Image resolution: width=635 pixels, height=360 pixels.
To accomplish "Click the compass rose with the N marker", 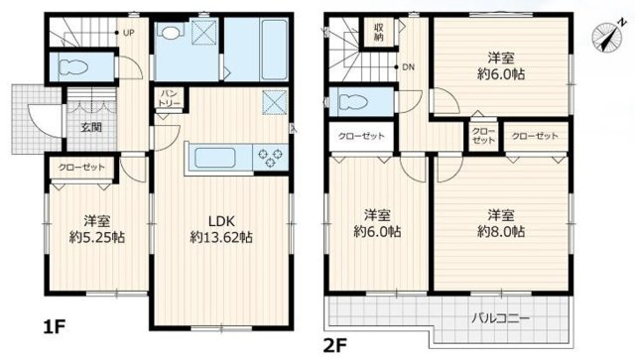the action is tap(606, 37).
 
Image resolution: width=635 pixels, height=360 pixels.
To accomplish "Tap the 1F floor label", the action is tap(54, 326).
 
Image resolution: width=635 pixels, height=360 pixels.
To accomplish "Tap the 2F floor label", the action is tap(334, 345).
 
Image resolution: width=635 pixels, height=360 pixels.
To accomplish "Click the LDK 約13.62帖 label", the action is tap(221, 229).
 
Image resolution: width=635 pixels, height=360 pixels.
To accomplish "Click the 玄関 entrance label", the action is tap(91, 127).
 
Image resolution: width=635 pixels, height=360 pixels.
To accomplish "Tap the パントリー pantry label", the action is tap(170, 98).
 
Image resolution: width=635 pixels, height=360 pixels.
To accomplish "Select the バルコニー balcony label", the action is tap(500, 318).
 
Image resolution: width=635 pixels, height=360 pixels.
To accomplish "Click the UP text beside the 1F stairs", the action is tap(129, 33).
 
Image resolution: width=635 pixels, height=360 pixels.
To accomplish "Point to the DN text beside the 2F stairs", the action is tap(408, 67).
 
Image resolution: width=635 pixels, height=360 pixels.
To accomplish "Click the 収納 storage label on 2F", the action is tap(379, 33).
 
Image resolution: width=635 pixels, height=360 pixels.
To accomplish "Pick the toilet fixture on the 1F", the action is tap(73, 66).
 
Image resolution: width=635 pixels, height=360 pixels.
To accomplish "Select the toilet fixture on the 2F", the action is tap(351, 101).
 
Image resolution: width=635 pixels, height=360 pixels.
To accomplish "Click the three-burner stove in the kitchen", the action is tap(270, 158).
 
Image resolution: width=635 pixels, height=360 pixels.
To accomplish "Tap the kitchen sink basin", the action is tap(215, 158).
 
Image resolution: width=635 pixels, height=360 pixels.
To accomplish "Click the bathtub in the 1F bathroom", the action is tap(275, 50).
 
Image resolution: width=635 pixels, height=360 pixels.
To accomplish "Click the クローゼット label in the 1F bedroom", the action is tap(81, 167).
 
